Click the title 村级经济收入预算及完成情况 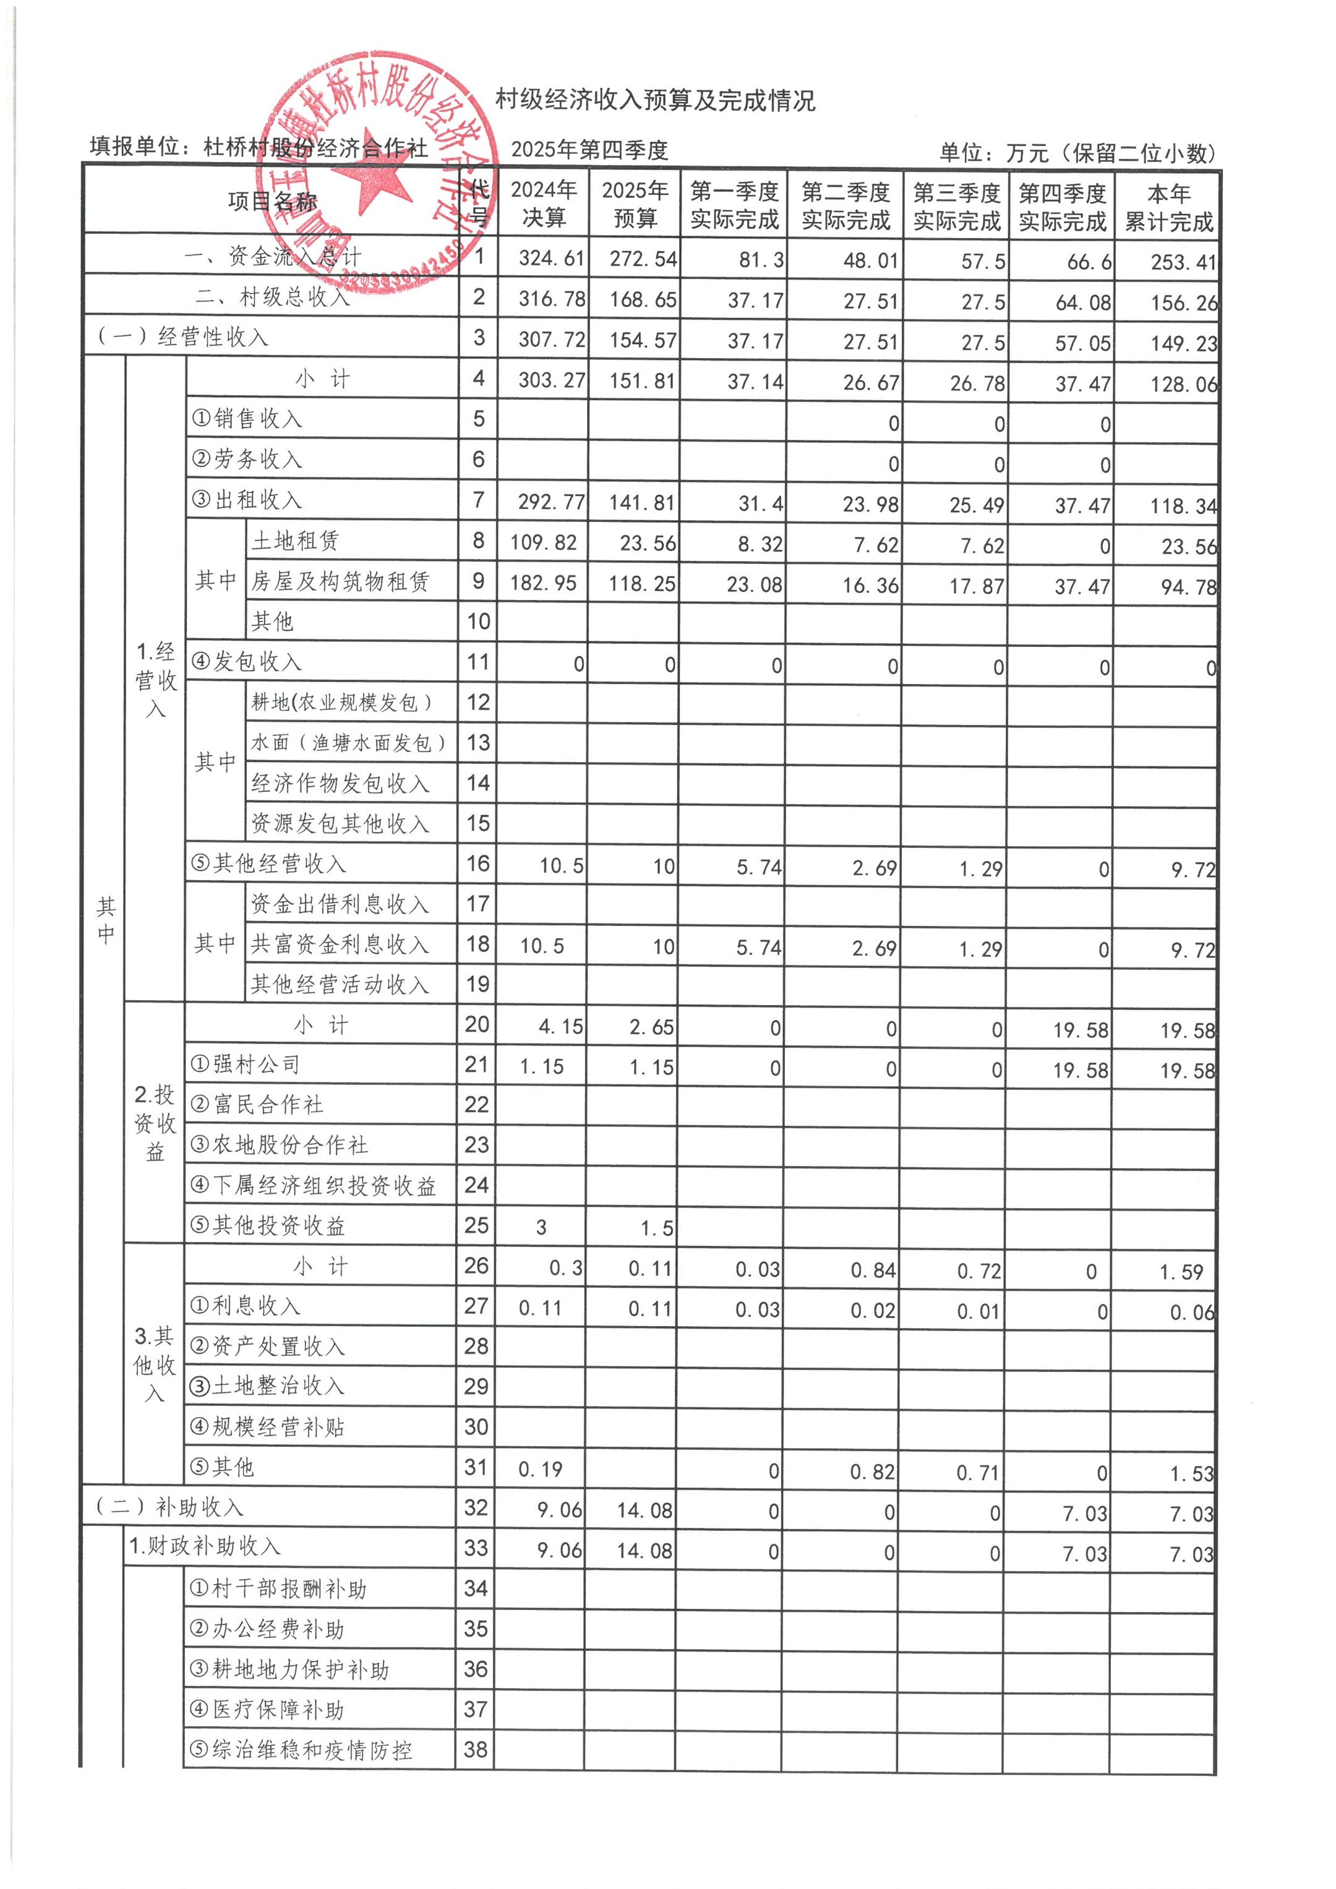(655, 100)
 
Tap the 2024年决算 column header (543, 203)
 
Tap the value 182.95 (543, 583)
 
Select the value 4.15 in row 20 (560, 1027)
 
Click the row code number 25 (476, 1225)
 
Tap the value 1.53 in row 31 (1191, 1473)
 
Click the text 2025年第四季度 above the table (589, 150)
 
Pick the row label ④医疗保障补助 (267, 1710)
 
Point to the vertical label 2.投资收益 (155, 1123)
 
